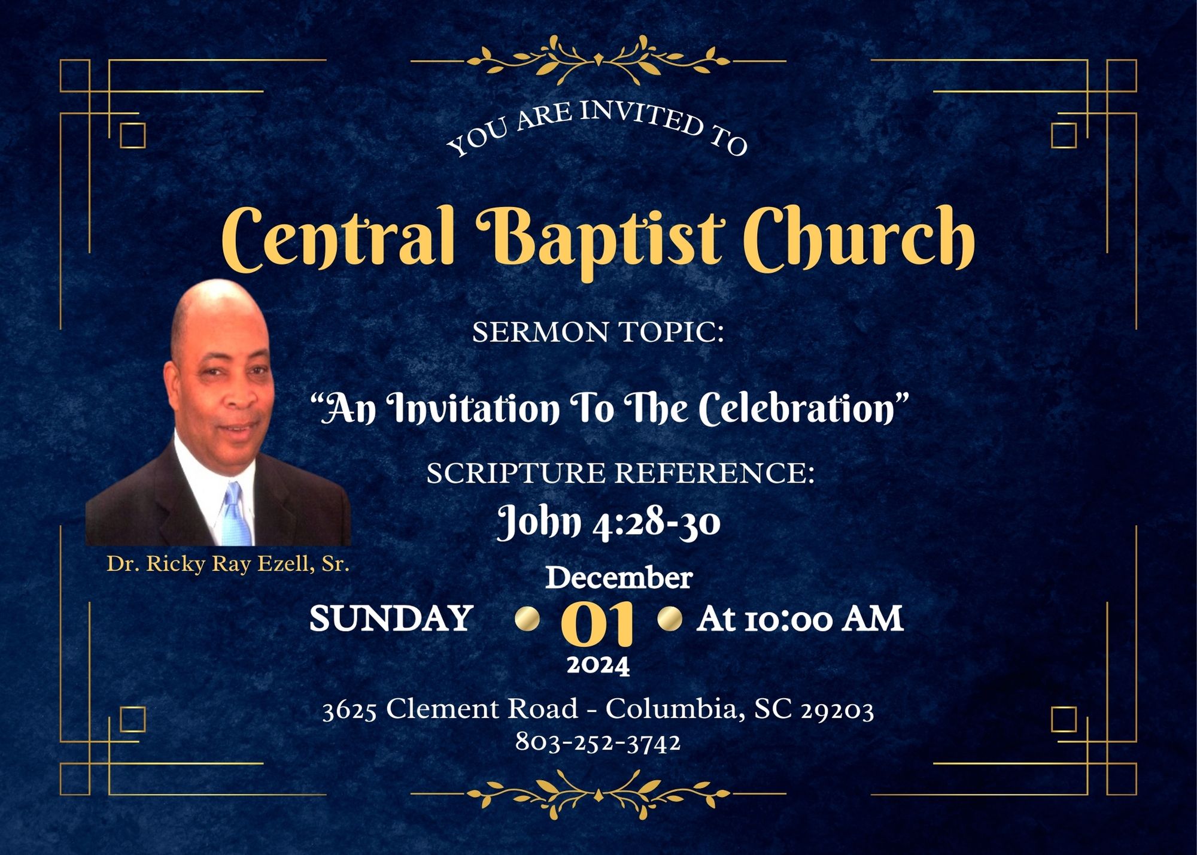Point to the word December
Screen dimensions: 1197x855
point(619,578)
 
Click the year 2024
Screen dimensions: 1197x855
point(598,665)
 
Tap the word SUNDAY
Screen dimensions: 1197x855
point(391,618)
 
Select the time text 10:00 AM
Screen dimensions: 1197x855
point(824,618)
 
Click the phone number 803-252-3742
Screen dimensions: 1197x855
point(598,742)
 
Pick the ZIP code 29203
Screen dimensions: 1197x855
point(837,710)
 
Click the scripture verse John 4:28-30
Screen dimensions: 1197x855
point(609,522)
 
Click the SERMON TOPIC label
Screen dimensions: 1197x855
point(598,332)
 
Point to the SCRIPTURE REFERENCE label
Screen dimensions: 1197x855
point(621,473)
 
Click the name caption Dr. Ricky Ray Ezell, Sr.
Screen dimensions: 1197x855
point(228,564)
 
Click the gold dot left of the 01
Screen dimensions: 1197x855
point(527,618)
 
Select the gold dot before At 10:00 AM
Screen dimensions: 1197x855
point(670,618)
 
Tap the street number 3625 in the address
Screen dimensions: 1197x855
point(350,711)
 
